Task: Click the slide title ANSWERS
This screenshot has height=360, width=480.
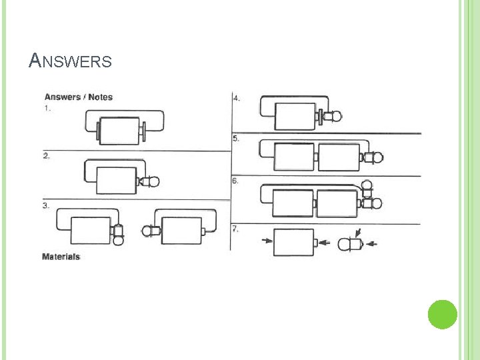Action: pos(71,61)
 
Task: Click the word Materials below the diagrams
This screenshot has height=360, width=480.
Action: pos(61,257)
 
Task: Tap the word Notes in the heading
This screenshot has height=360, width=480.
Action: pos(99,97)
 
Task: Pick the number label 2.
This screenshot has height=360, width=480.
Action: pos(46,156)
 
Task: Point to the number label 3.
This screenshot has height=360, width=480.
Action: pos(46,206)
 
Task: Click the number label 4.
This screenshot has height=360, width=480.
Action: pos(237,98)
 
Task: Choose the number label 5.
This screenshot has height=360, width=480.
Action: pos(236,139)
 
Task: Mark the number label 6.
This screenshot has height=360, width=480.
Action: pos(236,181)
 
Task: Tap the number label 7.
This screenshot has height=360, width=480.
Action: pos(236,228)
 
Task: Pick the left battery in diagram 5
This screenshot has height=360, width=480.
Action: pos(293,157)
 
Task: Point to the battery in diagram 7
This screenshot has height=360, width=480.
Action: pos(294,242)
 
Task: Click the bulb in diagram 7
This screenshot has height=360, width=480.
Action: pos(351,244)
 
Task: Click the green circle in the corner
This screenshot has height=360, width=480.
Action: pos(442,314)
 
